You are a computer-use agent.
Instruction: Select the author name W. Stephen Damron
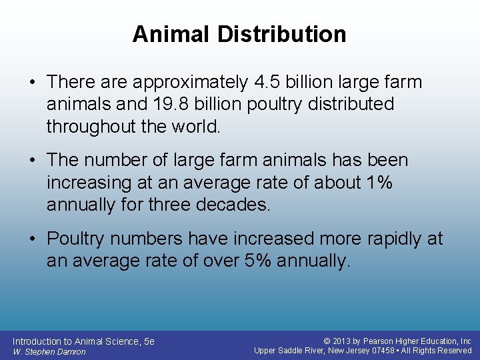[x=49, y=351]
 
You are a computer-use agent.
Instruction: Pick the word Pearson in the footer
[x=385, y=341]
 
